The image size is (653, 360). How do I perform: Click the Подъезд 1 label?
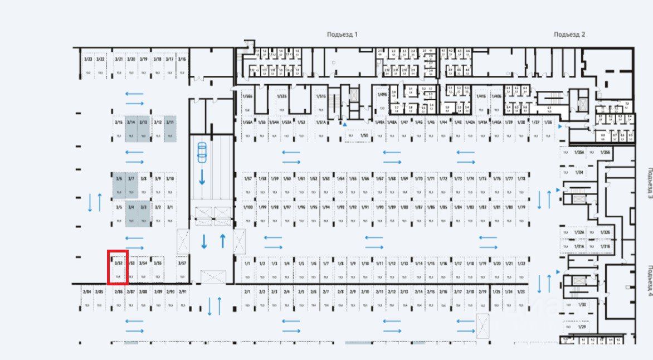[342, 35]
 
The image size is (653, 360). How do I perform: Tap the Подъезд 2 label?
[569, 35]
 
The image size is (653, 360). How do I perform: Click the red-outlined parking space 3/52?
[118, 268]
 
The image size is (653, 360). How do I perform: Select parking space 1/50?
[359, 135]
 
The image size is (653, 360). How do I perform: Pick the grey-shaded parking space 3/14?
[131, 129]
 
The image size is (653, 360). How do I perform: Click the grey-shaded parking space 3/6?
[119, 186]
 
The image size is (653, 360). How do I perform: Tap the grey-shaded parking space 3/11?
[170, 129]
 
